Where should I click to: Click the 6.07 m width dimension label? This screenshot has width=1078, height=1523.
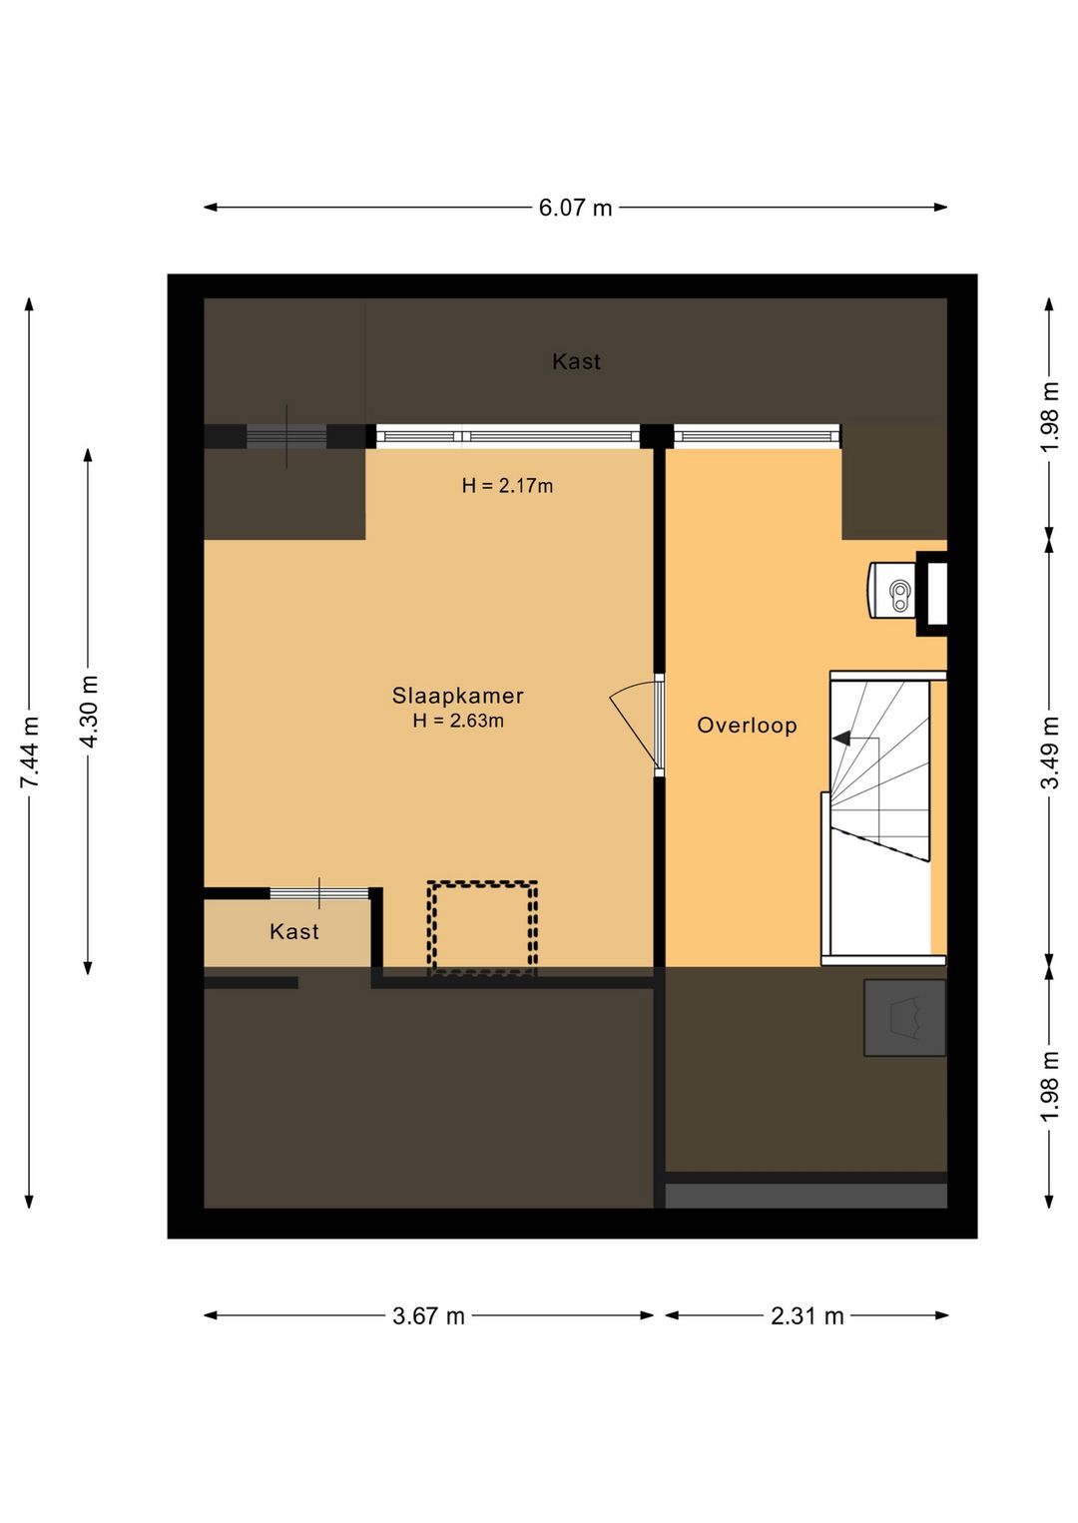575,207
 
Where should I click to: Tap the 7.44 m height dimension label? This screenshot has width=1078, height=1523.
29,752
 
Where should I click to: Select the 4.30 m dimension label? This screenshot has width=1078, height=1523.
89,712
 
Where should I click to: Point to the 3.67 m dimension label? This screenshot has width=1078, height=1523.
428,1316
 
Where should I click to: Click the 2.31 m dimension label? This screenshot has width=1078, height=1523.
807,1316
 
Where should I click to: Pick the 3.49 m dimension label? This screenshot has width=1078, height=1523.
1049,752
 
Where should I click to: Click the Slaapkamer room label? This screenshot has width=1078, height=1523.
458,696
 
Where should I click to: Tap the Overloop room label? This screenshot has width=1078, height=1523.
747,726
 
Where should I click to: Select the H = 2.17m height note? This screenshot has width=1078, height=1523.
507,485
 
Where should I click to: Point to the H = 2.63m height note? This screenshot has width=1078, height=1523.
458,721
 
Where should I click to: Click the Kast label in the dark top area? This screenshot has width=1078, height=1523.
576,361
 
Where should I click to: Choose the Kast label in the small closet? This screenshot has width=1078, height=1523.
293,931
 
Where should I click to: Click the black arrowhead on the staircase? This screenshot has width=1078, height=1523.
841,738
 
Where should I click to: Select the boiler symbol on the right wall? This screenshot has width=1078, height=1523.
892,590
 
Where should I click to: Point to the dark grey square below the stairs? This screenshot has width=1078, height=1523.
904,1018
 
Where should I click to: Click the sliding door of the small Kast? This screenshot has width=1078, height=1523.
319,893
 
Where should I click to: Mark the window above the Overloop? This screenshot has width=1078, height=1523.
757,436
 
